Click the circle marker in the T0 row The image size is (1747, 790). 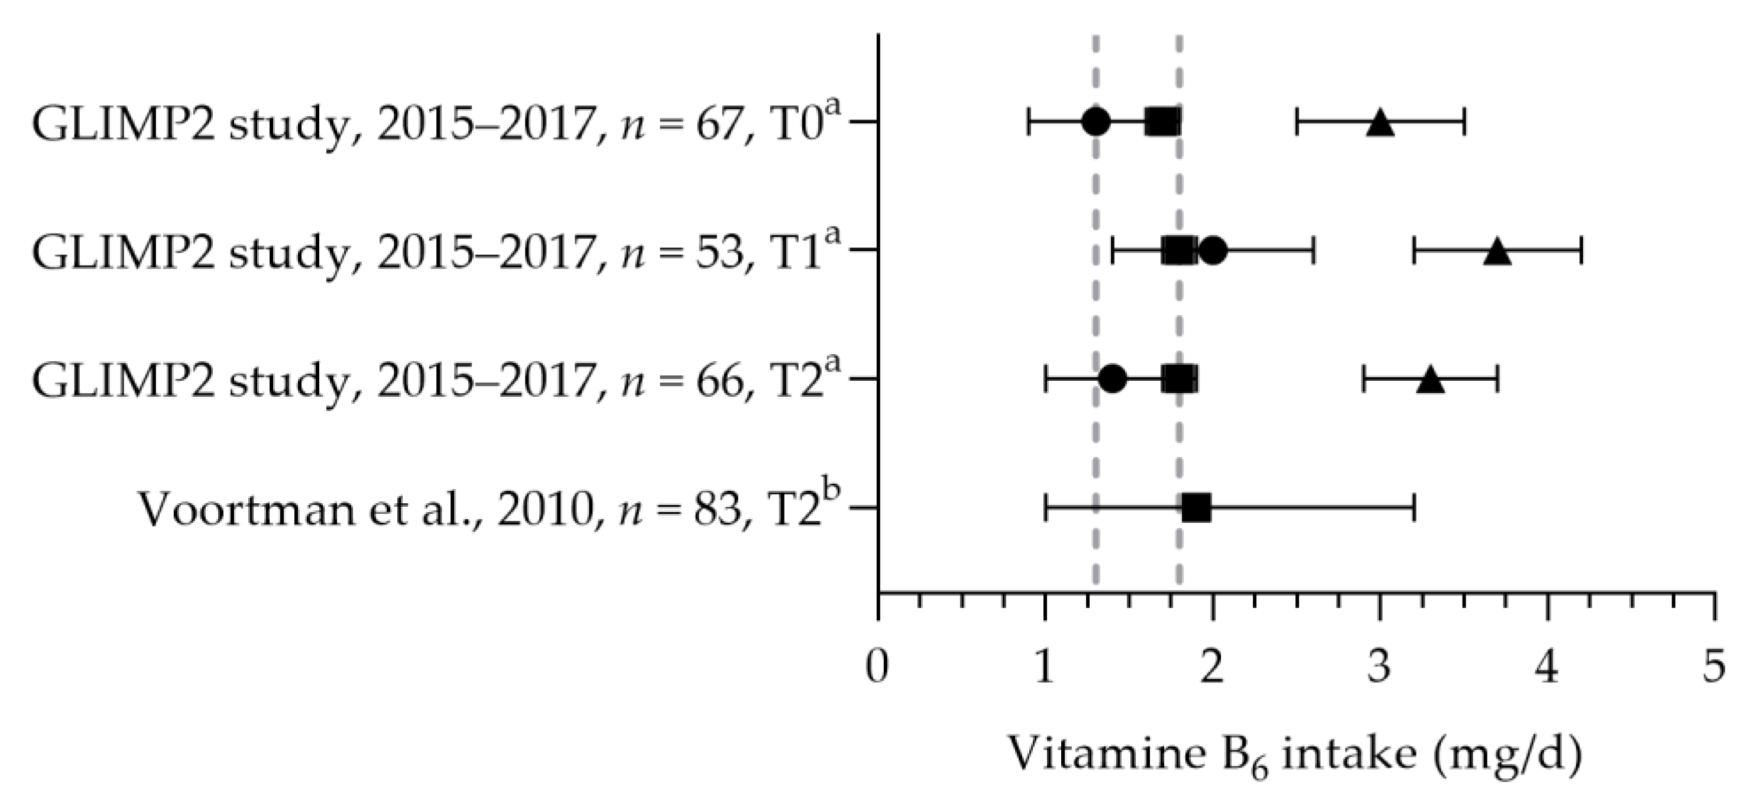(x=1096, y=122)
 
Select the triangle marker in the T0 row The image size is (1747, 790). (x=1379, y=124)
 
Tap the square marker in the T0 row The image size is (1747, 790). (x=1162, y=122)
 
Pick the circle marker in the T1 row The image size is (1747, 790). (x=1213, y=250)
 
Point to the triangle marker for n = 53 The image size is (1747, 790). (x=1498, y=252)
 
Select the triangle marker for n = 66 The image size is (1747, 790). (x=1430, y=380)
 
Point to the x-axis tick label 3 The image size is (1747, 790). (x=1379, y=668)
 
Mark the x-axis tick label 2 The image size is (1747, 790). (x=1213, y=668)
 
